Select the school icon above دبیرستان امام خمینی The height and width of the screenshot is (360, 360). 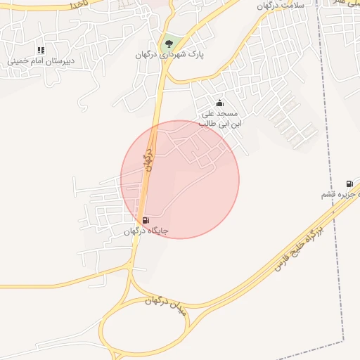point(41,51)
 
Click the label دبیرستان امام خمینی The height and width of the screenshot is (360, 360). point(41,61)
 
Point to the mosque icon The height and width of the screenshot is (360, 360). point(219,103)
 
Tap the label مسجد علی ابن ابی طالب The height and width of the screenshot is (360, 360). point(219,118)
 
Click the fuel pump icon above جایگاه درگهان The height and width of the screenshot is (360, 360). point(146,220)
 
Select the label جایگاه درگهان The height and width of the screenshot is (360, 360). point(146,231)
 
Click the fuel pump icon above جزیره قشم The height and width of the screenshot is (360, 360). point(349,184)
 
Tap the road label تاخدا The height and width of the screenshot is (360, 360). point(76,4)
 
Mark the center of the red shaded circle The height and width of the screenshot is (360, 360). point(180,179)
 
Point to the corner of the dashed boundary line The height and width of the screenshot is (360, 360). point(345,340)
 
